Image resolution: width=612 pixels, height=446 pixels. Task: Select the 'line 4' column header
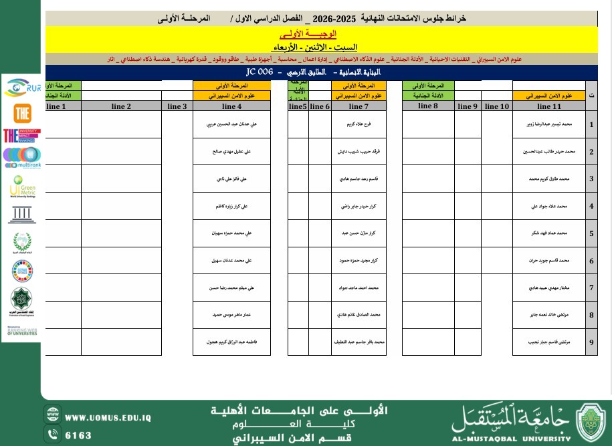(231, 106)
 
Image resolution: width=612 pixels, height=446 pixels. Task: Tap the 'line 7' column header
(359, 106)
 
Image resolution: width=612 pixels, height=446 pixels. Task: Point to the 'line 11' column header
(548, 106)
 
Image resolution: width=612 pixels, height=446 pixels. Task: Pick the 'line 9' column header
(468, 106)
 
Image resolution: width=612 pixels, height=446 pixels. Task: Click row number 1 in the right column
(591, 124)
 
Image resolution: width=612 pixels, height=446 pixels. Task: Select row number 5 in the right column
(591, 233)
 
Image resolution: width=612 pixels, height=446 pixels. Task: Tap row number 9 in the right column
(591, 342)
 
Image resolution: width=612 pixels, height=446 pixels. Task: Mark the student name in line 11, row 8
(548, 315)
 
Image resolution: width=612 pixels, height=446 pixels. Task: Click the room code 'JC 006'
(260, 71)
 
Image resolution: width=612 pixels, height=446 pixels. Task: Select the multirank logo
(21, 158)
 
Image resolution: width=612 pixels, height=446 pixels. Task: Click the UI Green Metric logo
(21, 187)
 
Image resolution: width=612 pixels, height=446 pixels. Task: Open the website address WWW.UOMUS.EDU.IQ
(108, 418)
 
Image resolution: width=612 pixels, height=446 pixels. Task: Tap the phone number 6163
(78, 435)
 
